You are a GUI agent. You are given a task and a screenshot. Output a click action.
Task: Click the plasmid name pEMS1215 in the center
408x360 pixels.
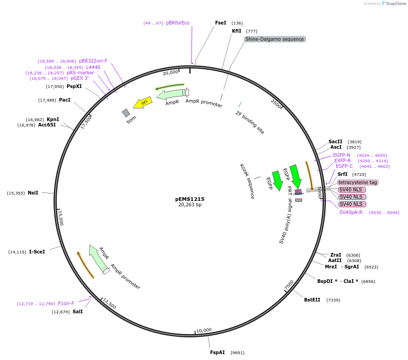(190, 199)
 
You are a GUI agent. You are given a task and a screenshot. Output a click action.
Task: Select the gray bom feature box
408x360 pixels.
(126, 112)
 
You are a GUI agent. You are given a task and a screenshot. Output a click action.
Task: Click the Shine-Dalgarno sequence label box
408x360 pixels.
(275, 39)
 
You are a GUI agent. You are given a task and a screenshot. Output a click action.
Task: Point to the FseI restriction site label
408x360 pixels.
(221, 23)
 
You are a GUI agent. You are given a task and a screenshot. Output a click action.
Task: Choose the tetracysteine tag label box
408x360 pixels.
(358, 182)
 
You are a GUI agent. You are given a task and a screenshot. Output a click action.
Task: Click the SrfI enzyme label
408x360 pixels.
(342, 174)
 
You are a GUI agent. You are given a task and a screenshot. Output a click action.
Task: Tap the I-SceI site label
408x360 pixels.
(37, 252)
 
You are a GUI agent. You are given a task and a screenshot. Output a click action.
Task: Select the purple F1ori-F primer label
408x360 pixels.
(66, 303)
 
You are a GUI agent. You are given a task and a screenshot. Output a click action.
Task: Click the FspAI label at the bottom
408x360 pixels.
(217, 352)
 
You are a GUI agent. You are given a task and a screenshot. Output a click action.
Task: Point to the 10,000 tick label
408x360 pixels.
(204, 330)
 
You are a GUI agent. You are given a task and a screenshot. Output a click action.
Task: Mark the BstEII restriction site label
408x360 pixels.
(312, 300)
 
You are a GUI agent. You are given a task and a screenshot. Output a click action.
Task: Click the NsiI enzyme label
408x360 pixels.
(33, 193)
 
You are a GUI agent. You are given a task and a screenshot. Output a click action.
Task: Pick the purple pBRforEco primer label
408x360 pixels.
(178, 23)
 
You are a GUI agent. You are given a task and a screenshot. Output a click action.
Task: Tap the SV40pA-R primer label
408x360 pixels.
(351, 212)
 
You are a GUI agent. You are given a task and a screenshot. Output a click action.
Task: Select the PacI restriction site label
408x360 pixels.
(65, 100)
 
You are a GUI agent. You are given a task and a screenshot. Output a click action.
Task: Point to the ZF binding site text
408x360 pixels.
(250, 122)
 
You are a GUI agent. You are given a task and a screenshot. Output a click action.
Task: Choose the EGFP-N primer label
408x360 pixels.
(342, 155)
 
